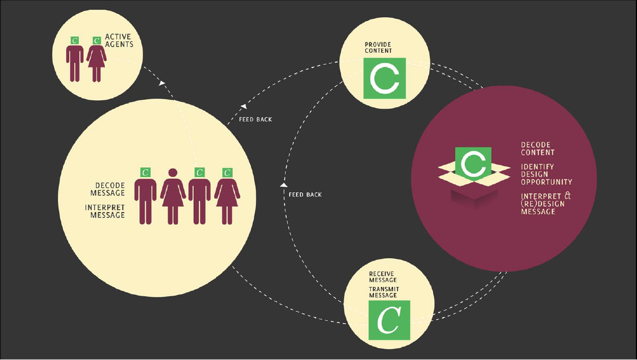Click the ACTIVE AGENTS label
point(119,41)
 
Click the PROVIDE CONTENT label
point(378,48)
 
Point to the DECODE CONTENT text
point(537,148)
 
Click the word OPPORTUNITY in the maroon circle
point(546,182)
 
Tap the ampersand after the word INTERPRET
point(567,196)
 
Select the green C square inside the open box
point(473,162)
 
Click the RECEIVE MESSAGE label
point(383,276)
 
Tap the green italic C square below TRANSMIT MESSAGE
point(389,320)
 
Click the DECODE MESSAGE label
point(110,189)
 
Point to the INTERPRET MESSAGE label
point(105,211)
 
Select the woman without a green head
point(173,196)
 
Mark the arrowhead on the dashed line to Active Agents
point(162,83)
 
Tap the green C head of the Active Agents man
point(75,40)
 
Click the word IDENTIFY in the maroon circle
point(537,167)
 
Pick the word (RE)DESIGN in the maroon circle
point(542,204)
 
